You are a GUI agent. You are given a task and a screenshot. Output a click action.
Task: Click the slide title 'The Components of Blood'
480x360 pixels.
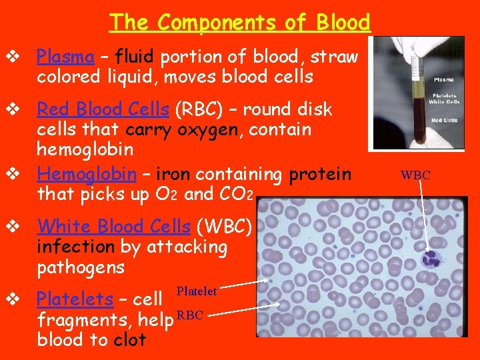click(240, 22)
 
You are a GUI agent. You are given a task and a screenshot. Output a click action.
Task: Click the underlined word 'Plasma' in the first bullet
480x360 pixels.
click(65, 56)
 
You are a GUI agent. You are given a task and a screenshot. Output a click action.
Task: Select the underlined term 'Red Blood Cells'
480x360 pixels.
click(103, 109)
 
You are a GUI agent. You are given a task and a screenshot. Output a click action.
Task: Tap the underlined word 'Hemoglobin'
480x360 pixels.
click(87, 174)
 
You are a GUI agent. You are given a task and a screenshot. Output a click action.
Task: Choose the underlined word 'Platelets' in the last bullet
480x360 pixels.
click(75, 299)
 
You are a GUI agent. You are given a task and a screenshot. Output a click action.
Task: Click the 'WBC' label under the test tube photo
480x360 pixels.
click(415, 175)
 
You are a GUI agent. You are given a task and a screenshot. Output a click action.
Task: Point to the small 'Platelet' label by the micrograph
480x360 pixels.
click(197, 291)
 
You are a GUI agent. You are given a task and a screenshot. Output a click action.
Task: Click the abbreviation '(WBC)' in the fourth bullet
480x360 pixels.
click(228, 227)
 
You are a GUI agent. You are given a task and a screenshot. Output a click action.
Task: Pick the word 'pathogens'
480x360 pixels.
click(81, 268)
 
